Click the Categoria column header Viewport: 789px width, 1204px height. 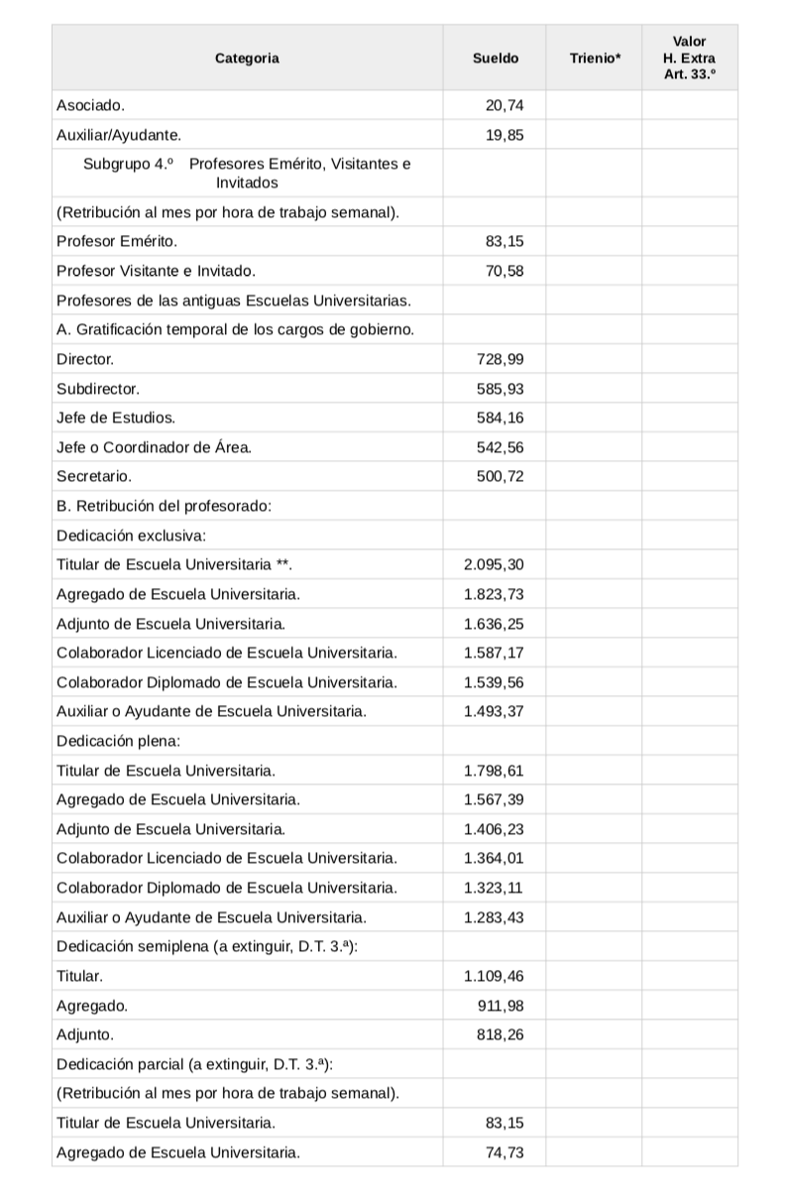[247, 59]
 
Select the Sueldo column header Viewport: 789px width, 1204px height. [496, 59]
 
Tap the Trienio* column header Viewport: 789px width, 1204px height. [596, 59]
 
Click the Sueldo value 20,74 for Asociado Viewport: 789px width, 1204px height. [505, 104]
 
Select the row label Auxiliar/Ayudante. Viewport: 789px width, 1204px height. [118, 134]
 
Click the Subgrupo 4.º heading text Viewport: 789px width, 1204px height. [247, 173]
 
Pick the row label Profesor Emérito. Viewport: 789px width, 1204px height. [117, 241]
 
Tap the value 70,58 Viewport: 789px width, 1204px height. [505, 271]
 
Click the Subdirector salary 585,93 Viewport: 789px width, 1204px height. [501, 389]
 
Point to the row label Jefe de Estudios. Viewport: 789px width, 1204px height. [116, 418]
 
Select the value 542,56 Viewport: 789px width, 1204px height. [501, 447]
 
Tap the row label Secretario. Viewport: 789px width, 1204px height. [94, 476]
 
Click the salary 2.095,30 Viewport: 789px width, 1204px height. [494, 564]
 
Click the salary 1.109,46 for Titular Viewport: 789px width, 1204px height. [494, 976]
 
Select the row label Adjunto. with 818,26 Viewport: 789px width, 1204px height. [85, 1034]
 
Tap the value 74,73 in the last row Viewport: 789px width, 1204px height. [505, 1152]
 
